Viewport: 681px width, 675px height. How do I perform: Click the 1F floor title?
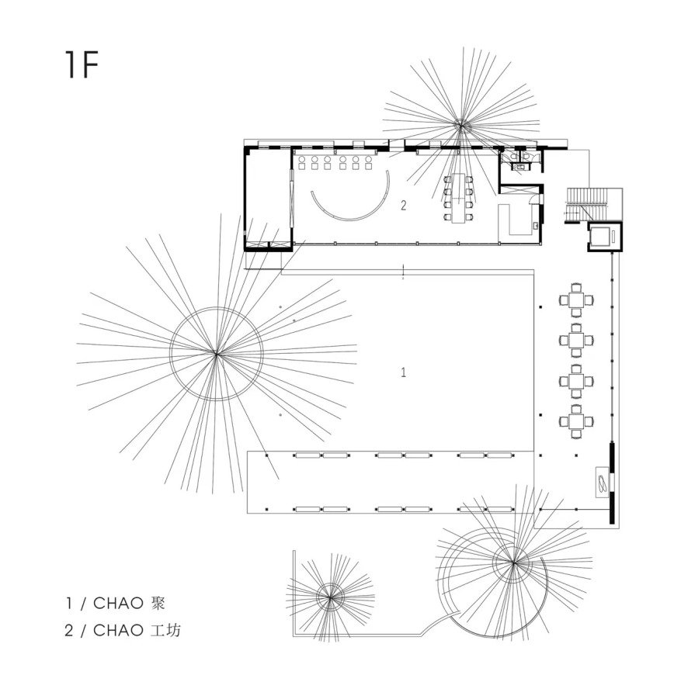[x=82, y=64]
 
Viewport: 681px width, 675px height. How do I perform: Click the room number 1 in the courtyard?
[x=404, y=372]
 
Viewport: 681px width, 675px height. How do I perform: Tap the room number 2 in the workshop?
[x=404, y=206]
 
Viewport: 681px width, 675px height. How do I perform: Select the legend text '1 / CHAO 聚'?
[x=115, y=603]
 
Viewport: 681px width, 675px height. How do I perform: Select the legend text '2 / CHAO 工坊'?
[x=123, y=630]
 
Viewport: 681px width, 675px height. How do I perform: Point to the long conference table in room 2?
[x=458, y=199]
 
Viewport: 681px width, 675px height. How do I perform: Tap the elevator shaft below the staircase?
[x=605, y=237]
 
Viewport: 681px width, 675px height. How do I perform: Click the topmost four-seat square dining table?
[x=576, y=300]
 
